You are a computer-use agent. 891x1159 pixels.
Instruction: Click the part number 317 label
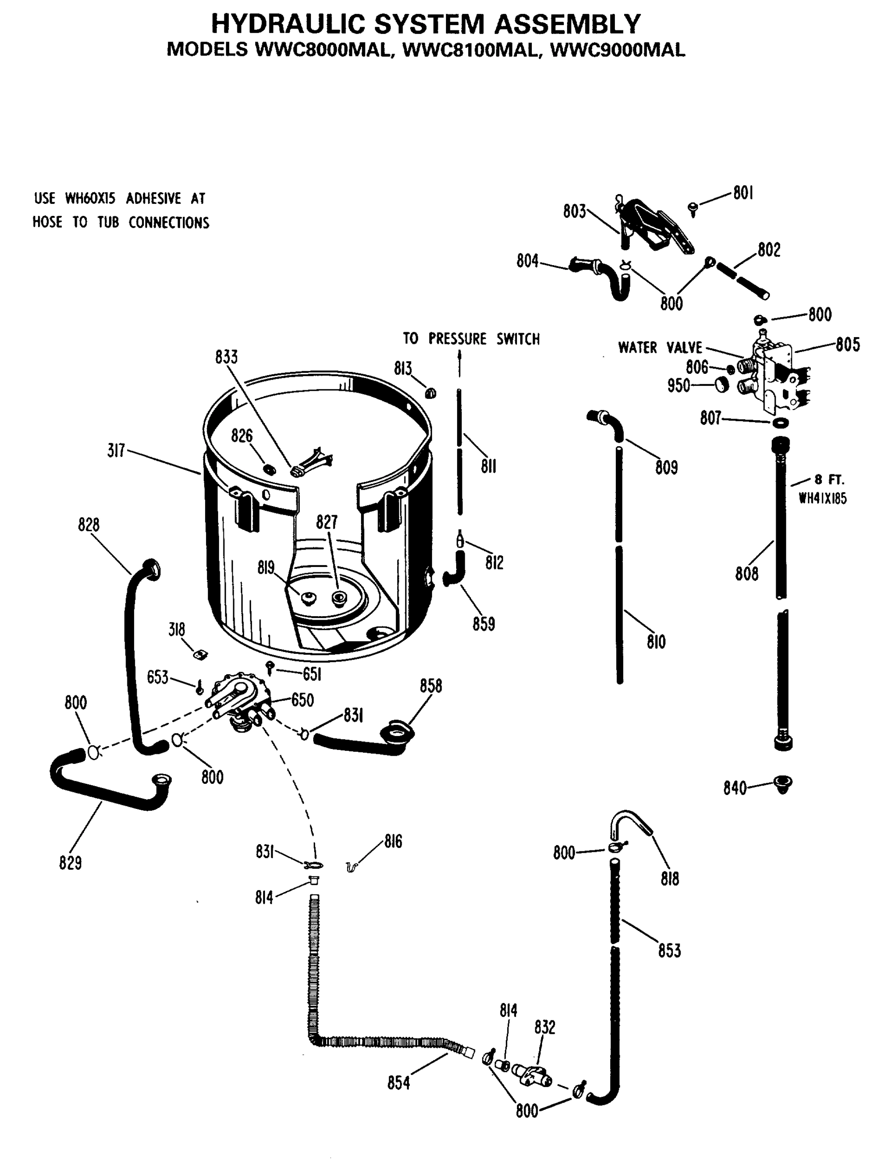coord(116,451)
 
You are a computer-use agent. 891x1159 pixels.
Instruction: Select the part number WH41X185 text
coord(822,499)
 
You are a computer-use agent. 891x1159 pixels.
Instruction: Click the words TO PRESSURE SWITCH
coord(471,339)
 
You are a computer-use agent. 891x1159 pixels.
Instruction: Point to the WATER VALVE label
coord(660,348)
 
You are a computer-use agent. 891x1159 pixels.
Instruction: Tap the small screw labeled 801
coord(692,209)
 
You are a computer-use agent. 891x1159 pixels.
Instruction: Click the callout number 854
coord(398,1082)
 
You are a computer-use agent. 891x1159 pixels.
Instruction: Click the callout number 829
coord(70,863)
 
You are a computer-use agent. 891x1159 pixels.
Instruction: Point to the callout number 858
coord(431,686)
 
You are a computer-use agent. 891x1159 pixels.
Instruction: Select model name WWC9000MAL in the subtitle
coord(618,49)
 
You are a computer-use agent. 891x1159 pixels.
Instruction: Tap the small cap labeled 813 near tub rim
coord(431,393)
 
